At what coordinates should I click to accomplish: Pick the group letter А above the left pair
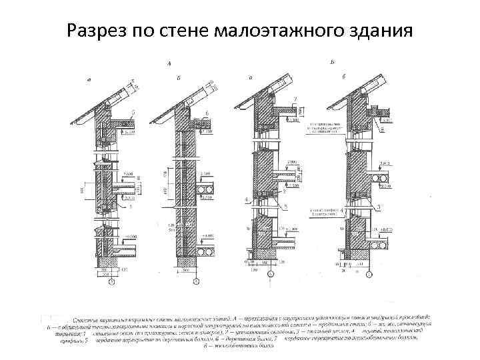169,63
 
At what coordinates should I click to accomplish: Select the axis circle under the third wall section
270,274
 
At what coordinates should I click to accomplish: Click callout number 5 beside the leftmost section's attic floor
133,111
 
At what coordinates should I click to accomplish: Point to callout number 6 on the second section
207,113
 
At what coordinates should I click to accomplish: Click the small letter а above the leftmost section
89,79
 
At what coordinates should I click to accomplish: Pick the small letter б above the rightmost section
344,77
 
